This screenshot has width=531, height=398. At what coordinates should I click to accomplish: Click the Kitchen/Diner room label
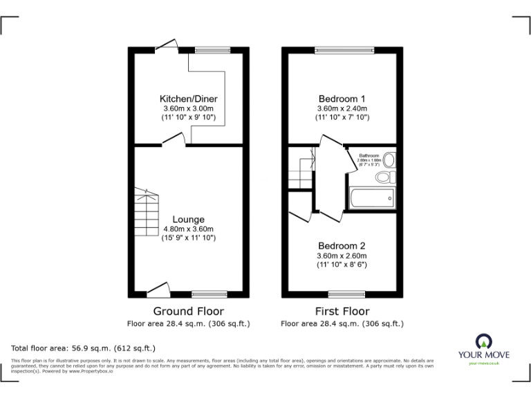point(189,99)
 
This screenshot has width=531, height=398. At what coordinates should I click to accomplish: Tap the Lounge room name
point(189,220)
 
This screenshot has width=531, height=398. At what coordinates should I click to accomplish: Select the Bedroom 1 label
point(342,99)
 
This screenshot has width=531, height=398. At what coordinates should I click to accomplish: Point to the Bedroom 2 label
point(342,245)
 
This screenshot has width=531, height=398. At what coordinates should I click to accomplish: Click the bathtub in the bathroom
point(372,198)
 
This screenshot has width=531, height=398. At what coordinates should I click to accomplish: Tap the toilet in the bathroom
point(383,178)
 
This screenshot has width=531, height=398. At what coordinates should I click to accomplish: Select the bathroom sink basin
point(389,160)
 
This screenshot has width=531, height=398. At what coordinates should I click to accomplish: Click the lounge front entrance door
point(159,290)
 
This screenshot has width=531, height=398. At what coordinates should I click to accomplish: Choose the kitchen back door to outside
point(166,45)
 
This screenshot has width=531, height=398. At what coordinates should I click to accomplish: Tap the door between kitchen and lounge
point(173,142)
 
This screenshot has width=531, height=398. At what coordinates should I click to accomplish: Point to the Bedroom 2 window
point(346,294)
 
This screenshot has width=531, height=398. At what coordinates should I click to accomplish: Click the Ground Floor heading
point(188,311)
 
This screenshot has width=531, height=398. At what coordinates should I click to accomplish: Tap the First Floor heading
point(342,311)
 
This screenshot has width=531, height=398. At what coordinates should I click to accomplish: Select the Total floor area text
point(84,348)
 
